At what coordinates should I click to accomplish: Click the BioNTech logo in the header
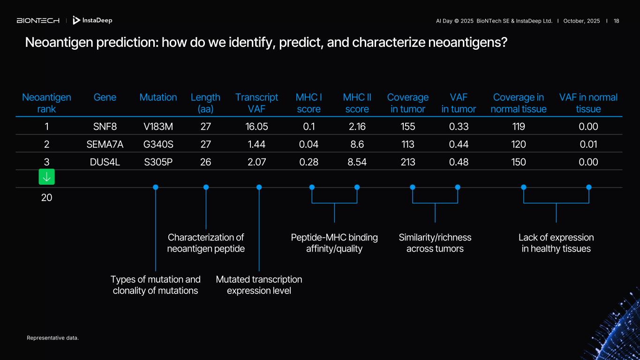click(38, 21)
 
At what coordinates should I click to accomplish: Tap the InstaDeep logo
click(92, 21)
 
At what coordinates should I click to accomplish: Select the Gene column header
click(105, 97)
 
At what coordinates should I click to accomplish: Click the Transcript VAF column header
click(256, 103)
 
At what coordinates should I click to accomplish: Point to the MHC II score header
click(357, 103)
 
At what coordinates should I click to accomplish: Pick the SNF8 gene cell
click(105, 127)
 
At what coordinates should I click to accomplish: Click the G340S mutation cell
click(158, 144)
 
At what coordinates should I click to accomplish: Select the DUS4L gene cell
click(105, 162)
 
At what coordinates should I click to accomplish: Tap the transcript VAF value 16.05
click(256, 127)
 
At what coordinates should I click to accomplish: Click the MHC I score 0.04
click(309, 144)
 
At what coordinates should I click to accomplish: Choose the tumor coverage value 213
click(408, 162)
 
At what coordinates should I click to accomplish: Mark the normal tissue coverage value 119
click(519, 127)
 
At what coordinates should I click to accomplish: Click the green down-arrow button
click(46, 177)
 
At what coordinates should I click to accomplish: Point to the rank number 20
click(46, 198)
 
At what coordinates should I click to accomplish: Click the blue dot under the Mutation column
click(156, 187)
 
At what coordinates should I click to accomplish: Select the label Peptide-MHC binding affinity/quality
click(334, 243)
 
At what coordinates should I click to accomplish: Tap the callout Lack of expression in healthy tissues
click(556, 243)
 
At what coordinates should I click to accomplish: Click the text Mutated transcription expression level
click(259, 285)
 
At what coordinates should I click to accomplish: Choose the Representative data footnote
click(53, 338)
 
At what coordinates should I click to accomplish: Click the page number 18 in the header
click(616, 21)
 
